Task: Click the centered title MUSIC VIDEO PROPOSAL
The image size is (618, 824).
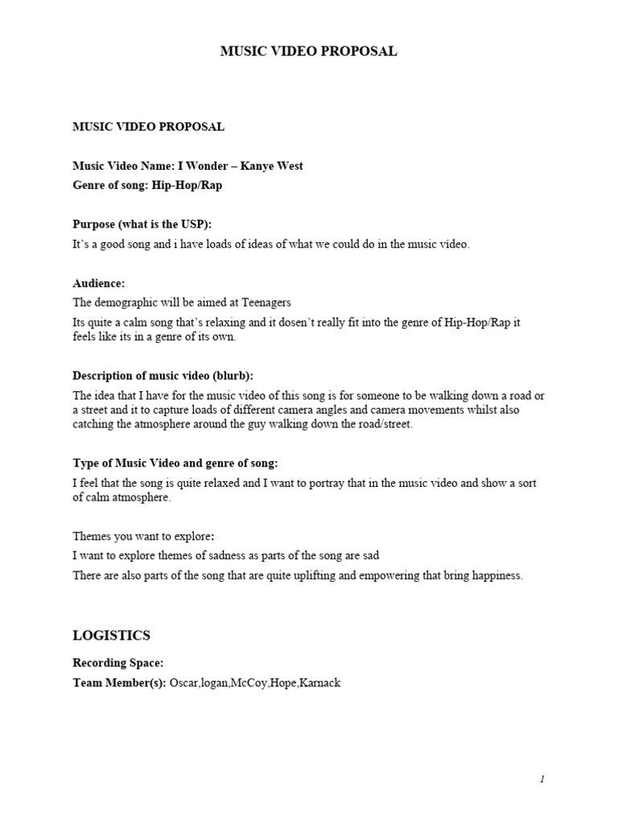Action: point(309,51)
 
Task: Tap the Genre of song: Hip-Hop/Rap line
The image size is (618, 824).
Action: point(147,185)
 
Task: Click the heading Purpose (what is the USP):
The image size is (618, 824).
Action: point(142,225)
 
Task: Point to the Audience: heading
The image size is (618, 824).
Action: point(99,284)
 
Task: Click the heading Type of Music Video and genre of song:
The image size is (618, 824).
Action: point(175,463)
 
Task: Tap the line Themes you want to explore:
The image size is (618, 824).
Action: point(144,536)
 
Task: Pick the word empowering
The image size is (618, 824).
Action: point(361,575)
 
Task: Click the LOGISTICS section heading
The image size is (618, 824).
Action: point(112,636)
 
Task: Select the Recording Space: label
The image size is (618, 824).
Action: point(118,663)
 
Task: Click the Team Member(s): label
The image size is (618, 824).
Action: point(119,683)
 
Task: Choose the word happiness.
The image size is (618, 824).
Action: point(492,575)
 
